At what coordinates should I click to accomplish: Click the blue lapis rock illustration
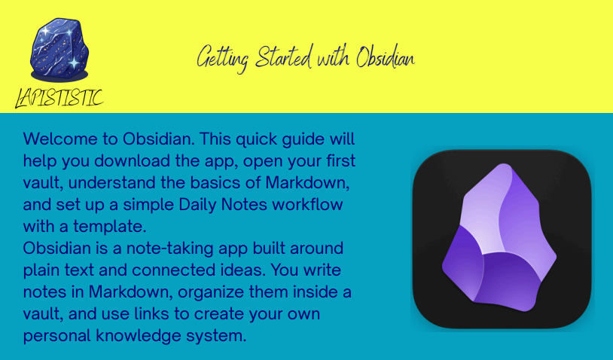pyautogui.click(x=59, y=50)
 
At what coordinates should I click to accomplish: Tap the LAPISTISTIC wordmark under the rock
pyautogui.click(x=59, y=98)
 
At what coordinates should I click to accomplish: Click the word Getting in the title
pyautogui.click(x=222, y=58)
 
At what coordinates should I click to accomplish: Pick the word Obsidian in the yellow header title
pyautogui.click(x=386, y=57)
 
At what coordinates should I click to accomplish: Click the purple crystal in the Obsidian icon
pyautogui.click(x=499, y=238)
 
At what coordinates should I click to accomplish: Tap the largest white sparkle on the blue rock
pyautogui.click(x=74, y=63)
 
